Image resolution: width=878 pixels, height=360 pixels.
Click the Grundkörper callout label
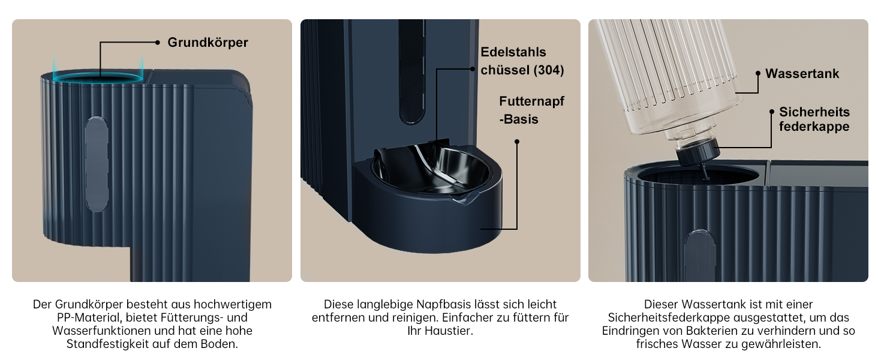208,43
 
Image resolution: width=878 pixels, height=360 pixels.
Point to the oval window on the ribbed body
97,164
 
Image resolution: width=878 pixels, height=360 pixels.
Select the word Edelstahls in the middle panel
513,52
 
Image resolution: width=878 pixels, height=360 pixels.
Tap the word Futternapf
531,101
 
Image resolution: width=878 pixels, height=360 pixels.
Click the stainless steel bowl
431,169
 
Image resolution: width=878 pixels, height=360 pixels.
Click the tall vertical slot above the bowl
411,72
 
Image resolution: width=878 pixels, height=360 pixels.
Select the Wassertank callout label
802,73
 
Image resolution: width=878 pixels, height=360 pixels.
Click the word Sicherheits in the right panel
814,112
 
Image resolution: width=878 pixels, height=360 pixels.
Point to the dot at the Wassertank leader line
758,73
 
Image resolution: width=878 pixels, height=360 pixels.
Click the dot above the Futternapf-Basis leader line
517,142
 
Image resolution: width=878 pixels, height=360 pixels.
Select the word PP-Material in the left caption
89,317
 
